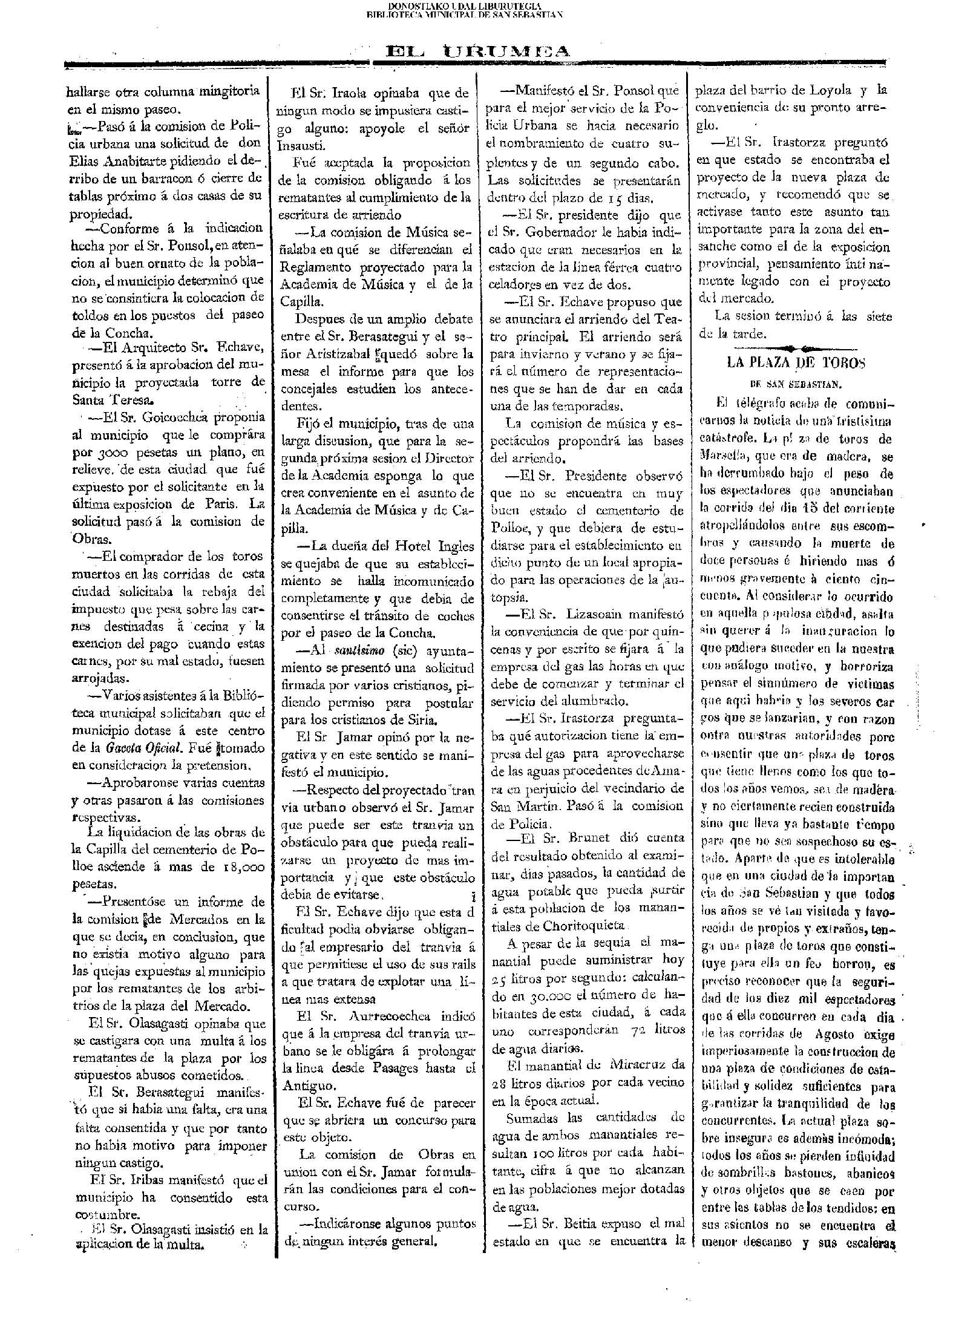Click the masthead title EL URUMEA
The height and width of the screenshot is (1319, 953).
(x=477, y=53)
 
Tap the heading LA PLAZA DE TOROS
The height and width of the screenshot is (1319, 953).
(x=795, y=363)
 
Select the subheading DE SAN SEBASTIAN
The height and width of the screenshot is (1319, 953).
(x=795, y=384)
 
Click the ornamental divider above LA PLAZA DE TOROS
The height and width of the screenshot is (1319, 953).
(x=795, y=348)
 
